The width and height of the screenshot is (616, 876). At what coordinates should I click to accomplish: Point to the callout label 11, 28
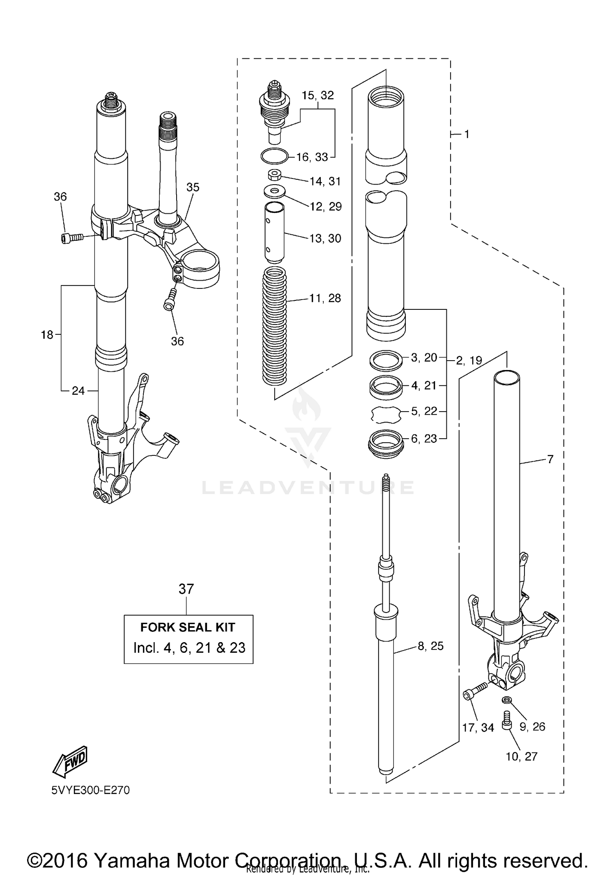(x=325, y=298)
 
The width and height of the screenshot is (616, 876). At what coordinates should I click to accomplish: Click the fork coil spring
(x=274, y=326)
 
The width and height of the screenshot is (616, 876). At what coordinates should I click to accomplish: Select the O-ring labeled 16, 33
(x=274, y=156)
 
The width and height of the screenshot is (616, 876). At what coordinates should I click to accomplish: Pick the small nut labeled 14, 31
(x=274, y=175)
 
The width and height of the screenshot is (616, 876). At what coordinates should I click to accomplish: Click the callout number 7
(x=550, y=459)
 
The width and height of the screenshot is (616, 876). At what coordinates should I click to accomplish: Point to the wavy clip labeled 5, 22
(x=386, y=414)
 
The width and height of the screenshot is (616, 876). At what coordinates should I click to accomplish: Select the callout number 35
(x=193, y=187)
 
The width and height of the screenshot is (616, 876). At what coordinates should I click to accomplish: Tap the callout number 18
(x=47, y=335)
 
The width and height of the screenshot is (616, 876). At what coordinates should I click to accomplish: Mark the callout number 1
(x=467, y=134)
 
